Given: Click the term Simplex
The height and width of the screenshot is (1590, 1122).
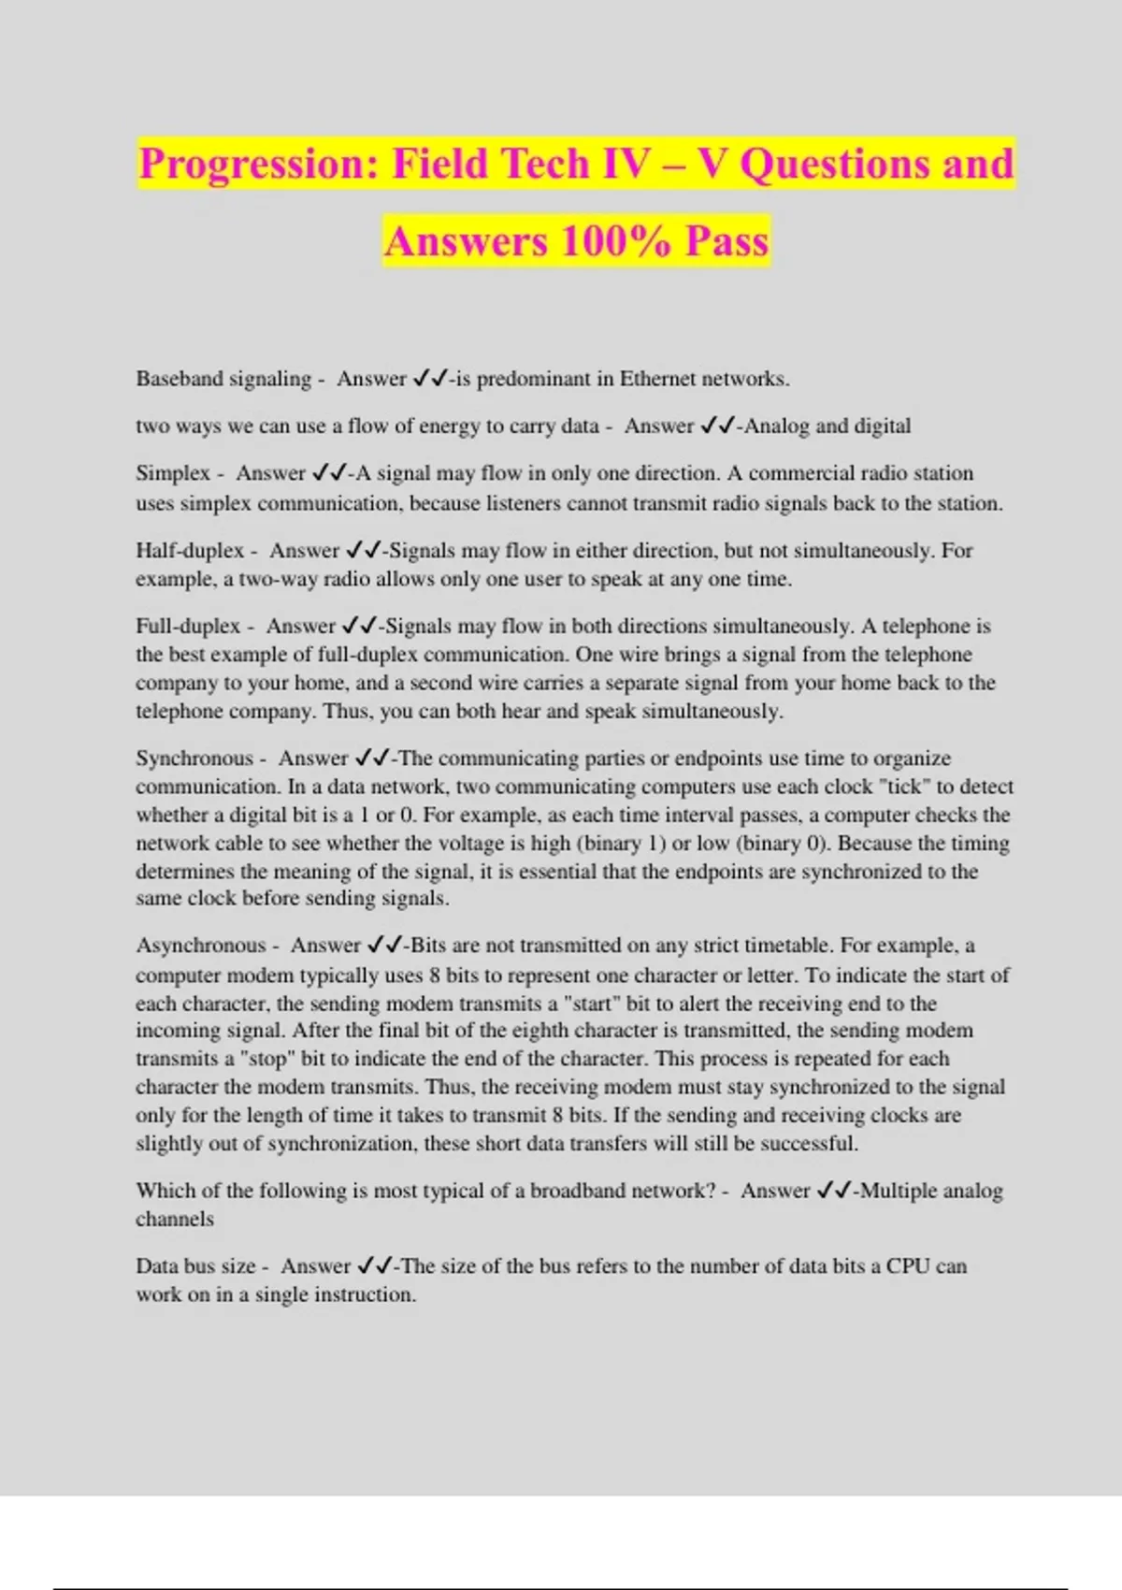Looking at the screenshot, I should tap(173, 473).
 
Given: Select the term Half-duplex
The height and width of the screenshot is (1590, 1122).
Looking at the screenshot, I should tap(190, 551).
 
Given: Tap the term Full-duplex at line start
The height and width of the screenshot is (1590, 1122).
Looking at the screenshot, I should tap(188, 626).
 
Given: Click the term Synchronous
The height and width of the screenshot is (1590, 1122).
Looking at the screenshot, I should tap(194, 759).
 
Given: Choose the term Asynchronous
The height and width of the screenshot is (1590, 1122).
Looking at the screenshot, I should tap(201, 946).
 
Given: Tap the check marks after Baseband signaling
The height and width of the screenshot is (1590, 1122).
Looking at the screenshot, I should tap(430, 379).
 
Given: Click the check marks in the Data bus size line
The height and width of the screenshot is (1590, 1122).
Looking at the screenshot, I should tap(374, 1266).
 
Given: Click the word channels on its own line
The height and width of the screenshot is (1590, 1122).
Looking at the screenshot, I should tap(175, 1220).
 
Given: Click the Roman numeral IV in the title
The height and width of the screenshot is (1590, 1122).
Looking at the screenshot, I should tap(626, 165).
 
